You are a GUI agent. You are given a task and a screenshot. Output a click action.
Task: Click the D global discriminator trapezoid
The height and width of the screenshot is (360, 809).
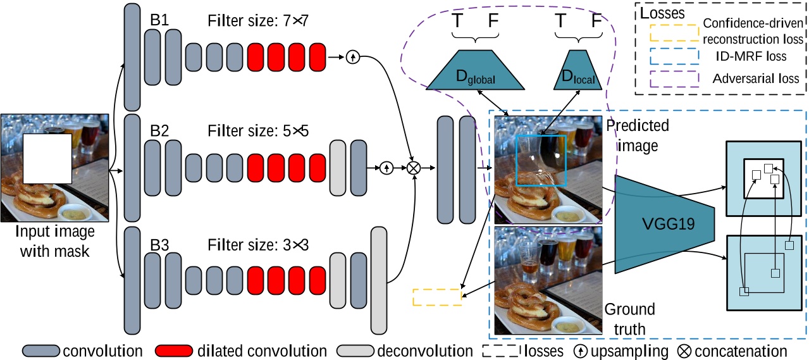pos(474,70)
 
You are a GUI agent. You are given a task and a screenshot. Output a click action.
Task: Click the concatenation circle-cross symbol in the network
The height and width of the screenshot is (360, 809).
pos(414,168)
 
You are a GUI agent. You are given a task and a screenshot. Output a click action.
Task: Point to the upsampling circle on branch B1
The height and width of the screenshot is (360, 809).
pos(352,57)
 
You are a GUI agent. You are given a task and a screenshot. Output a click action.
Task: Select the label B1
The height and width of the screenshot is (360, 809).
pos(159,20)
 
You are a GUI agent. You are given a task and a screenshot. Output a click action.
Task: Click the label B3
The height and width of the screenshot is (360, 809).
pos(159,244)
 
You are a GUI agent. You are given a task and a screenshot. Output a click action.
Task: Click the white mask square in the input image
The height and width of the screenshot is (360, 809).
pos(47,159)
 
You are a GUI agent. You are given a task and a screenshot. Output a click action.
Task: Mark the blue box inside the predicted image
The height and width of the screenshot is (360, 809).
pos(541,160)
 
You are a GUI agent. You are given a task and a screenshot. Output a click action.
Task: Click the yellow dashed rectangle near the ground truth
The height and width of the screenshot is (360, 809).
pos(437,297)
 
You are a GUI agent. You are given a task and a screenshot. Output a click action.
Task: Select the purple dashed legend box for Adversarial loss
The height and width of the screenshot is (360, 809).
pos(674,79)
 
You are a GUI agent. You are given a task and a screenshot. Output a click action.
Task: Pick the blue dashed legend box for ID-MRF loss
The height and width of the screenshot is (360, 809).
pos(674,56)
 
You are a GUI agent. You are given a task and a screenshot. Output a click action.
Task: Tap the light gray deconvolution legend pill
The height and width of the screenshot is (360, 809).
pos(355,351)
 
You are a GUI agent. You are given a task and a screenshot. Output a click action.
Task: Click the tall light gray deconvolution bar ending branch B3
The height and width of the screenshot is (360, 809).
pos(378,280)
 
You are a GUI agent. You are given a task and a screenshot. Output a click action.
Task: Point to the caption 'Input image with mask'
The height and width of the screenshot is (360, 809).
pos(54,241)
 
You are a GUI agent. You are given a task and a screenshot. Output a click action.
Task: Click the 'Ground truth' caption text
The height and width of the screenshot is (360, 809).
pos(629,319)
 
